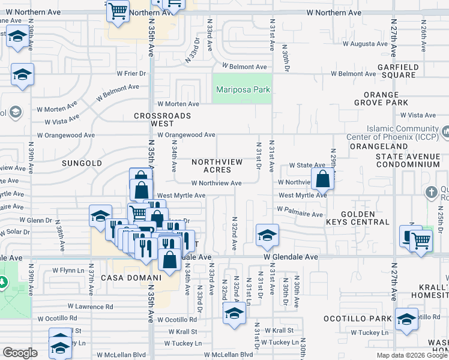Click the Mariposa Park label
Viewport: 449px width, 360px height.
[243, 90]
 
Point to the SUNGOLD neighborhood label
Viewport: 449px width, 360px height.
[79, 163]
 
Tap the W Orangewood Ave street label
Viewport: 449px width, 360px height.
[185, 135]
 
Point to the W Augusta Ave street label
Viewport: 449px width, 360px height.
[365, 44]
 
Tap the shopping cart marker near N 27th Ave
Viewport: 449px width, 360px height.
[421, 241]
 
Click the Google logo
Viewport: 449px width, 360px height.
[20, 353]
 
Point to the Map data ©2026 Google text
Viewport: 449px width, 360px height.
[411, 355]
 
